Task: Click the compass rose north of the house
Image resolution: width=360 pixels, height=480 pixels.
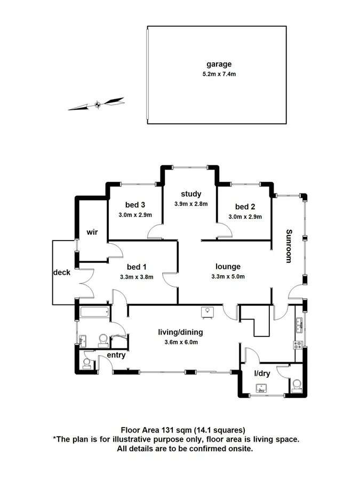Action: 97,104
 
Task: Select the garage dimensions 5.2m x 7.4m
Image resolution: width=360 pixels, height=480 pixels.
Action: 216,74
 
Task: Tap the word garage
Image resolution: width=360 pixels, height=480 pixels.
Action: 216,65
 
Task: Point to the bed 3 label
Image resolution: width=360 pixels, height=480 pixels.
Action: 135,205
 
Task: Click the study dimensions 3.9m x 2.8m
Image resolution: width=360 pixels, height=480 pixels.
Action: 190,204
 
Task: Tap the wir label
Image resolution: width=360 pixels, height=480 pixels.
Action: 93,232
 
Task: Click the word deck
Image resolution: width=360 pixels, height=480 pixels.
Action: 62,272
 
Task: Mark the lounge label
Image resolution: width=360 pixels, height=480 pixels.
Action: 228,267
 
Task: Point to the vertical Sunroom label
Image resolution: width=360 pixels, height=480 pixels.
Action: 289,246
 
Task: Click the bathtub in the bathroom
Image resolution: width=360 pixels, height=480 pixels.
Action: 94,313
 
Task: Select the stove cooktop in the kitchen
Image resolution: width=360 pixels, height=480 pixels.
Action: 298,345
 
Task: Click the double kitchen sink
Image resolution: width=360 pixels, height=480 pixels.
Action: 300,323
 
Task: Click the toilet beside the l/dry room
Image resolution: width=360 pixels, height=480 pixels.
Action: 297,384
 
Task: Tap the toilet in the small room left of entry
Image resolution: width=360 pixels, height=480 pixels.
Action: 87,363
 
